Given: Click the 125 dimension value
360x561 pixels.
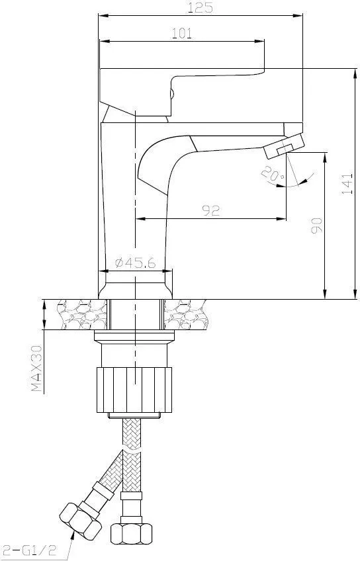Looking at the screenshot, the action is [x=200, y=7].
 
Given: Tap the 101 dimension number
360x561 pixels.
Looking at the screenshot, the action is [x=182, y=33].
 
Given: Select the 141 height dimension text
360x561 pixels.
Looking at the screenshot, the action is [x=347, y=184].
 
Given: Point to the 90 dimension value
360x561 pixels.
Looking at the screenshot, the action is [x=316, y=226].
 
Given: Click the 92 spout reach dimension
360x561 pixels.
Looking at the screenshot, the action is [x=211, y=210].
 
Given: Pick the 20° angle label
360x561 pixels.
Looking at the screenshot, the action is [x=273, y=173].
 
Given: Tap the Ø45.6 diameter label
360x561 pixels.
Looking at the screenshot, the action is [x=136, y=263].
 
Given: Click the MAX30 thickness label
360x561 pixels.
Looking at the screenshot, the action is [x=36, y=368].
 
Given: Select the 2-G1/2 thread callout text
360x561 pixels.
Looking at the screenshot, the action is [x=28, y=550].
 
